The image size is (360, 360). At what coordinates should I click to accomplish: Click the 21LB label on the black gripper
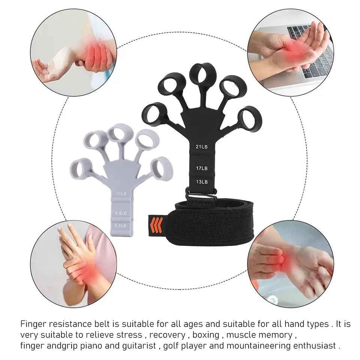[x=201, y=147]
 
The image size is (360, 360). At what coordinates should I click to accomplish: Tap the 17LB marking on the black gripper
[x=201, y=168]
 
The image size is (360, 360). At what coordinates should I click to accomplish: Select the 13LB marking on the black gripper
[x=201, y=182]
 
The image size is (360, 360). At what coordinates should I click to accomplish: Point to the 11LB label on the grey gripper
[x=121, y=194]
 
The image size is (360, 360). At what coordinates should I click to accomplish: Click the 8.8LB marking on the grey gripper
[x=121, y=213]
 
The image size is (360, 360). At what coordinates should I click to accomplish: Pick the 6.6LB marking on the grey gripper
[x=121, y=225]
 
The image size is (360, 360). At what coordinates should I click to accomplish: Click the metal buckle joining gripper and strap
[x=202, y=195]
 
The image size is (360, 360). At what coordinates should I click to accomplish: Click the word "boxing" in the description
[x=205, y=334]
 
